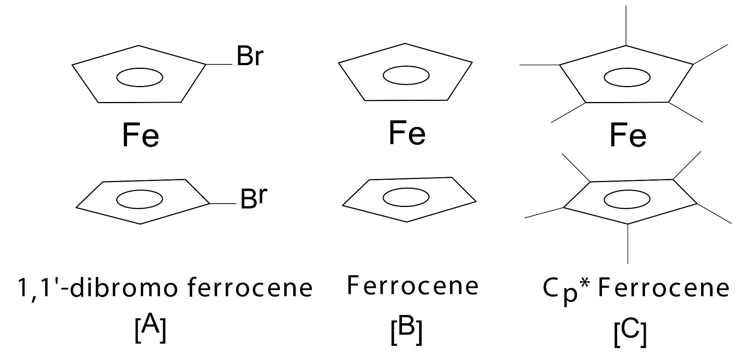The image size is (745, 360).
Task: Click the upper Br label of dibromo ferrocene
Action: click(250, 57)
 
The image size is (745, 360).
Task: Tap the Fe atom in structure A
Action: click(140, 136)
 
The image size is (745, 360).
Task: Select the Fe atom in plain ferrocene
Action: click(407, 133)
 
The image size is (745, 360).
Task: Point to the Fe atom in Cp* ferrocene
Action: click(628, 136)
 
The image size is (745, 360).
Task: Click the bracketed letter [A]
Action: click(150, 328)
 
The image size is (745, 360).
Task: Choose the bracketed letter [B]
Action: click(406, 329)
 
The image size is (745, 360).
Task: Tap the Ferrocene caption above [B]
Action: click(413, 286)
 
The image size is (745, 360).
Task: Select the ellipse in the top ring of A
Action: click(140, 77)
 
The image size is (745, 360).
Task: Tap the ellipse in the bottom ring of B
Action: click(406, 198)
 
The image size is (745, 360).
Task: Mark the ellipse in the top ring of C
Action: click(627, 77)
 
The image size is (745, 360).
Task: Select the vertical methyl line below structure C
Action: click(628, 244)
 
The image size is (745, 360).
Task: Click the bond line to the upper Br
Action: click(219, 64)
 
